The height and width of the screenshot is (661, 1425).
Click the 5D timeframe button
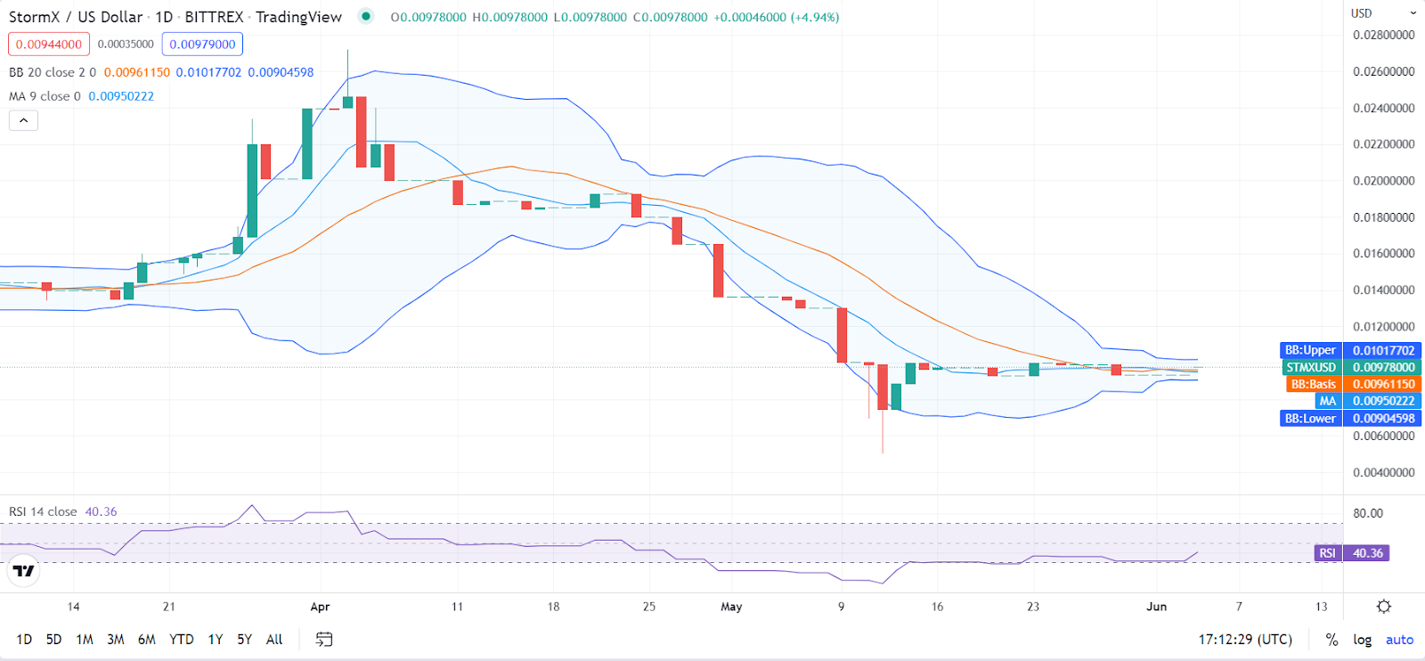point(53,640)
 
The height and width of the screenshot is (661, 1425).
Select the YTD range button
point(182,640)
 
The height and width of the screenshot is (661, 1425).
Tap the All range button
point(274,640)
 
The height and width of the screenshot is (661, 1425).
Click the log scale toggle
point(1362,640)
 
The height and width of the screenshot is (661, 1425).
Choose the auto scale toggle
point(1399,640)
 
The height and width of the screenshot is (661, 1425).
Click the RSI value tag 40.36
point(1367,553)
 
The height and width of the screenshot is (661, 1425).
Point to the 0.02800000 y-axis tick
point(1383,36)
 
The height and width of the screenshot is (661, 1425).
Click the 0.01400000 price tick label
point(1383,290)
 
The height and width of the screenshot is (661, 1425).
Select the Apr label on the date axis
point(320,607)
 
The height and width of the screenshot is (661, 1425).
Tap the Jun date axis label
point(1156,607)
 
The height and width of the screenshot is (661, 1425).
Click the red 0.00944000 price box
point(49,45)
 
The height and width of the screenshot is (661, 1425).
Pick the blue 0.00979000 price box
point(202,45)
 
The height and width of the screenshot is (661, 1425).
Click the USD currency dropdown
point(1383,13)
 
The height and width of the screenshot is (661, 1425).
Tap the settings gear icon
point(1383,607)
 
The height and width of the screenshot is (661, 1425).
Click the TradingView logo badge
point(24,571)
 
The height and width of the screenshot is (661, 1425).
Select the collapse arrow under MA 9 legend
point(23,120)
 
